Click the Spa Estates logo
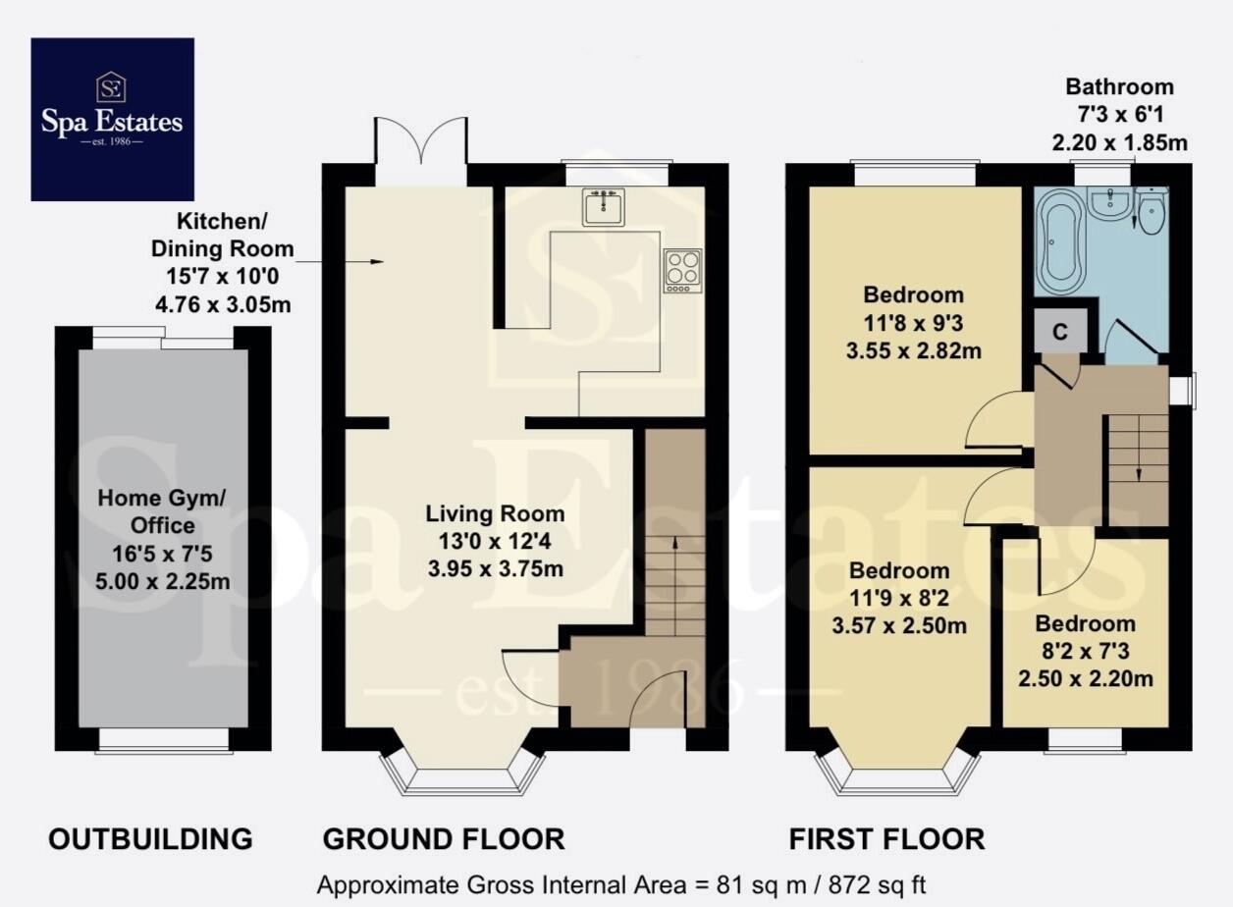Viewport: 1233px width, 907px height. click(x=112, y=119)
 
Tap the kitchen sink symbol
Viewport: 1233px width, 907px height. click(x=604, y=207)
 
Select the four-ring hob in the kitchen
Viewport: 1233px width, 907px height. click(x=682, y=271)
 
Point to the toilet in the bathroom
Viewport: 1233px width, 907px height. click(x=1151, y=210)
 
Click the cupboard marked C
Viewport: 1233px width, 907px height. click(x=1060, y=332)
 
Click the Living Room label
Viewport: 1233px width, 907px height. click(x=495, y=513)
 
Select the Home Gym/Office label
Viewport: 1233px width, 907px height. click(x=162, y=511)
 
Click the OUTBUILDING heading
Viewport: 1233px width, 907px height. click(x=151, y=839)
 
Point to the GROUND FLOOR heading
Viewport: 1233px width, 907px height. click(x=444, y=839)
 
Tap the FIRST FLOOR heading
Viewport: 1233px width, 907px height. click(x=886, y=839)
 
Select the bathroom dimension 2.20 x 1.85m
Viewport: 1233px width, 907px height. click(x=1119, y=143)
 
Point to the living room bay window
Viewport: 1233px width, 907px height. click(x=462, y=774)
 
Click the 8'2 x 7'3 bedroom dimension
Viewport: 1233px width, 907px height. click(x=1085, y=651)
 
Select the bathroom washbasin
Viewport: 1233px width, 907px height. click(x=1110, y=203)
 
